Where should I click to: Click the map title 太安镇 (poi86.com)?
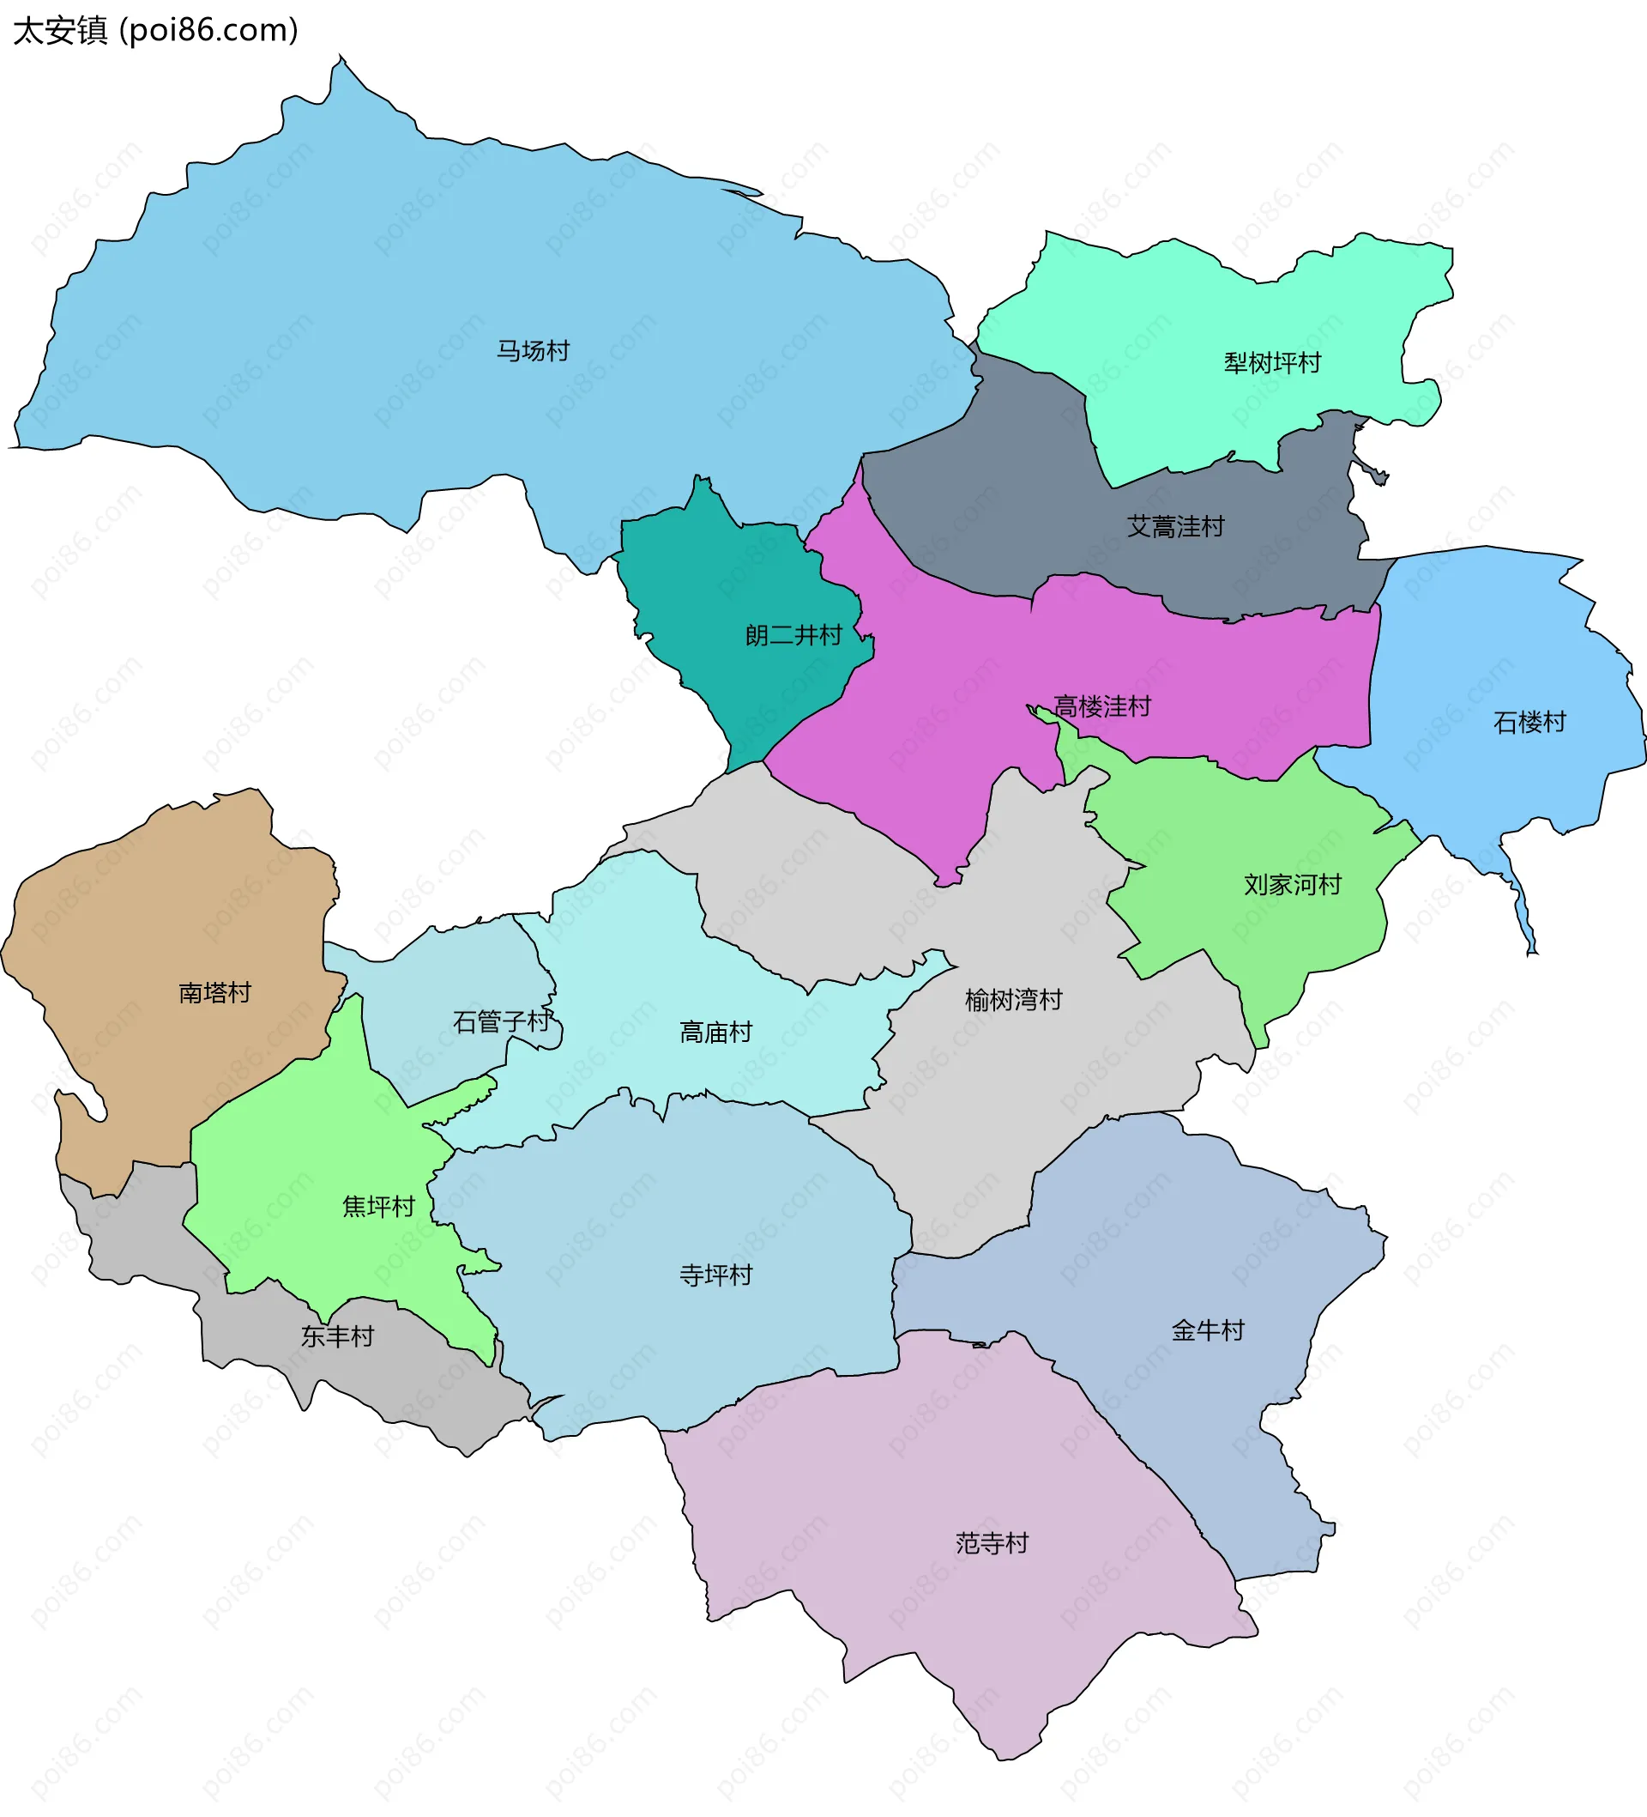[x=155, y=31]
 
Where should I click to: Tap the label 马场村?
[x=534, y=350]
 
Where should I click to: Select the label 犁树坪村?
[x=1271, y=363]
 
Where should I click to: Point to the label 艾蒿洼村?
[x=1175, y=526]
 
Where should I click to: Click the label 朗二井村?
[x=793, y=635]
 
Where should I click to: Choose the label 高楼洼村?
[x=1102, y=706]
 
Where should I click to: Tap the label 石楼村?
[x=1529, y=722]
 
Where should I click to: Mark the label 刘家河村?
[x=1292, y=884]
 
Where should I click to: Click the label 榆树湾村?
[x=1013, y=1000]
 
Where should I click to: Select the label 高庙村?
[x=715, y=1032]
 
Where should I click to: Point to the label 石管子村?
[x=501, y=1021]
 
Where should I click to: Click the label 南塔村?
[x=214, y=992]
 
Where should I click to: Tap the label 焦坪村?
[x=378, y=1206]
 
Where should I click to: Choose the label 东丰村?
[x=337, y=1335]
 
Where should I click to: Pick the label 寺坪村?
[x=715, y=1275]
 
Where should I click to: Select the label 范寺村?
[x=991, y=1543]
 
